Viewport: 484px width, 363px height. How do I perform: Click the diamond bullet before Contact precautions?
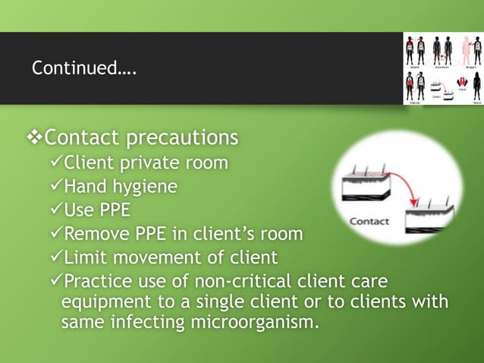(34, 138)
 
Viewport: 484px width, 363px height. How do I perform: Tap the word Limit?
(86, 257)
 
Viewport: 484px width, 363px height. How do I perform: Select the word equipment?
(102, 302)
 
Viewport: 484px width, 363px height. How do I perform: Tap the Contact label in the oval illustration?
(369, 223)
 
